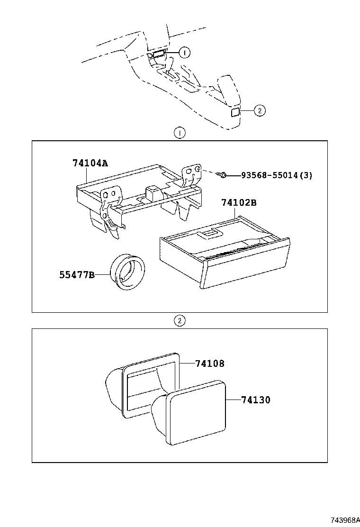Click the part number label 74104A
click(90, 164)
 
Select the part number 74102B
click(239, 203)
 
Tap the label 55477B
click(77, 274)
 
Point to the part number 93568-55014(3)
click(277, 175)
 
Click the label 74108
click(209, 364)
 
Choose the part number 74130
click(255, 400)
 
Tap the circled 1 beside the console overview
click(184, 52)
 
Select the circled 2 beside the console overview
click(259, 111)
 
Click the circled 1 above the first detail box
click(180, 133)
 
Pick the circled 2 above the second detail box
click(180, 321)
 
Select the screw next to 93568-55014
click(223, 176)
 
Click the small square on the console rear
click(234, 112)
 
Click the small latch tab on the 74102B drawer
click(209, 233)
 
